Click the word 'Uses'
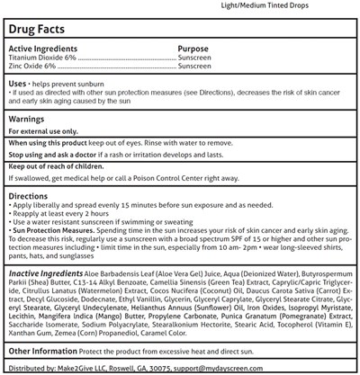point(21,82)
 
